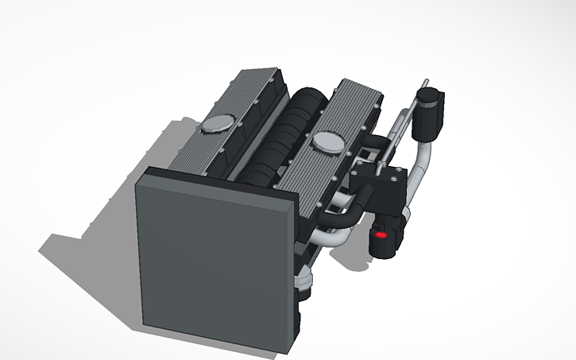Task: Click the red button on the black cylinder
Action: tap(381, 236)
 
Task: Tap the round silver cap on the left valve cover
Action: tap(217, 123)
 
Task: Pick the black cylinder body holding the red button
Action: tap(387, 238)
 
